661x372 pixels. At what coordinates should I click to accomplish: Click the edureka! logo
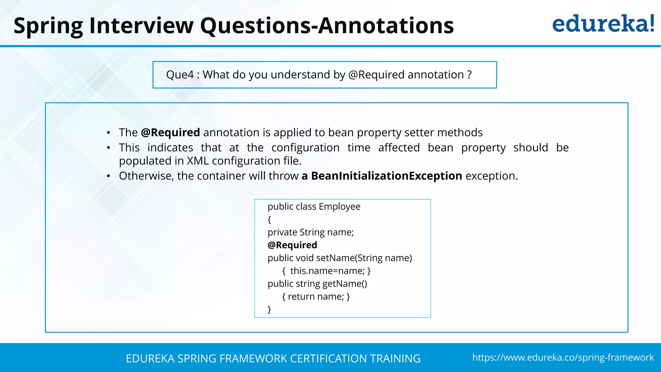[x=603, y=24]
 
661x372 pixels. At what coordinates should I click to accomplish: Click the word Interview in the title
[x=141, y=26]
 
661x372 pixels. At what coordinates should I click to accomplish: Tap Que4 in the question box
[x=180, y=75]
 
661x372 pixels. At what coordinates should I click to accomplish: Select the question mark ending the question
[x=469, y=75]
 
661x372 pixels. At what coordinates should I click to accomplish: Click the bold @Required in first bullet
[x=170, y=133]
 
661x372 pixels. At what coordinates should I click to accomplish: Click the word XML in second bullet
[x=198, y=161]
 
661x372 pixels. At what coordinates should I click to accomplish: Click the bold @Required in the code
[x=292, y=245]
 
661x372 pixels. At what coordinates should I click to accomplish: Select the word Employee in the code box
[x=340, y=207]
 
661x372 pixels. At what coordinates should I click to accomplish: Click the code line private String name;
[x=310, y=232]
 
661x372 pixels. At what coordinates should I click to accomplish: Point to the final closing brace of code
[x=269, y=309]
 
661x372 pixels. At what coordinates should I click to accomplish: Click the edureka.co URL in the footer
[x=563, y=357]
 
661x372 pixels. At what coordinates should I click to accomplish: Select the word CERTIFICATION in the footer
[x=328, y=359]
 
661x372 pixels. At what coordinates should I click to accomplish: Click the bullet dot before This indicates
[x=109, y=148]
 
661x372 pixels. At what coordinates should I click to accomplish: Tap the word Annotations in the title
[x=386, y=26]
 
